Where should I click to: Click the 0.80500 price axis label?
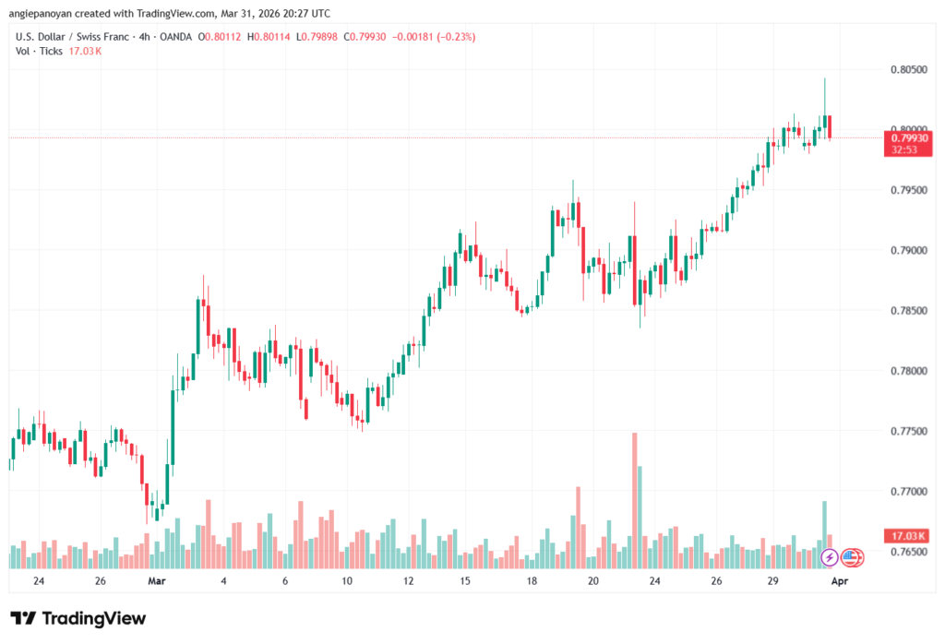[908, 69]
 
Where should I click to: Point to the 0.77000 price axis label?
[908, 491]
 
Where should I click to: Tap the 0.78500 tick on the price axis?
[908, 311]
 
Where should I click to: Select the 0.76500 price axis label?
[908, 552]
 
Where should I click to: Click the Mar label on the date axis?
[157, 581]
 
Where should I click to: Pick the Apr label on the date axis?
[840, 581]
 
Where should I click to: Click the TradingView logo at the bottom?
[78, 618]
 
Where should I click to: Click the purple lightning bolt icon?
[829, 557]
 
